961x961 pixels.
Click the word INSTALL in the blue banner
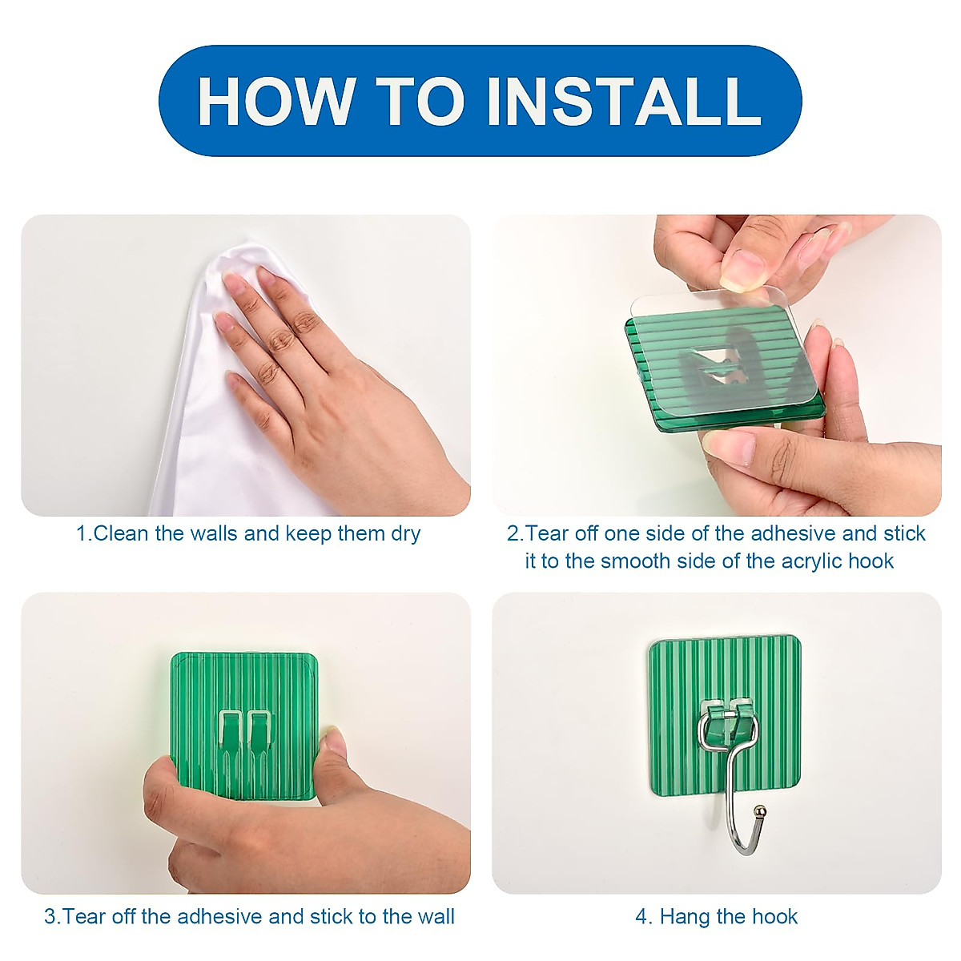pyautogui.click(x=625, y=101)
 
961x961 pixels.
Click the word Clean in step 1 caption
pyautogui.click(x=121, y=533)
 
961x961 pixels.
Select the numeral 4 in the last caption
pyautogui.click(x=641, y=917)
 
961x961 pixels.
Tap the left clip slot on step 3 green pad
pyautogui.click(x=230, y=730)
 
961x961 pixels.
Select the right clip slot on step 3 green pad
pyautogui.click(x=259, y=730)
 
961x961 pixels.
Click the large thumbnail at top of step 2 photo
pyautogui.click(x=742, y=269)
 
